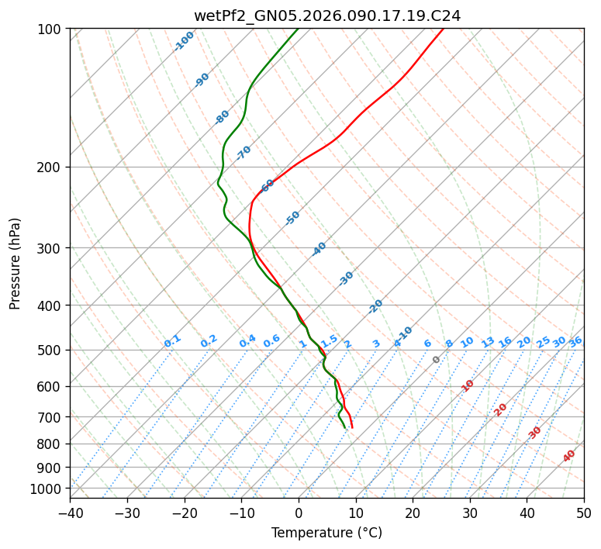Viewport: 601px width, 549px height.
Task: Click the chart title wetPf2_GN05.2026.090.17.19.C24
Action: click(326, 16)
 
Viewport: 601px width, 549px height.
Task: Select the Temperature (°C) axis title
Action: click(326, 533)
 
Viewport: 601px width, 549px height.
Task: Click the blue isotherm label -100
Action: click(185, 41)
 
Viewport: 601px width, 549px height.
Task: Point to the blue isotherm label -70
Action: click(244, 153)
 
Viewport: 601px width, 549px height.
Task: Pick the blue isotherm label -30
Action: click(346, 278)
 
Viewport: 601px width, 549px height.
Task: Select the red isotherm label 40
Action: click(569, 456)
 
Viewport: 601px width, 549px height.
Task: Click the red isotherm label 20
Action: click(501, 409)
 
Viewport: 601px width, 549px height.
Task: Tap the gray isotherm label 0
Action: click(436, 360)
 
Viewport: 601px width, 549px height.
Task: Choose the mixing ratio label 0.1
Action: click(172, 341)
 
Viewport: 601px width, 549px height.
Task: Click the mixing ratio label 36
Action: click(575, 341)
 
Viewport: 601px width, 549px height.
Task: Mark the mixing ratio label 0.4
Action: click(247, 341)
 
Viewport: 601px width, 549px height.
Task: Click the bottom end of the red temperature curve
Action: click(352, 427)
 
